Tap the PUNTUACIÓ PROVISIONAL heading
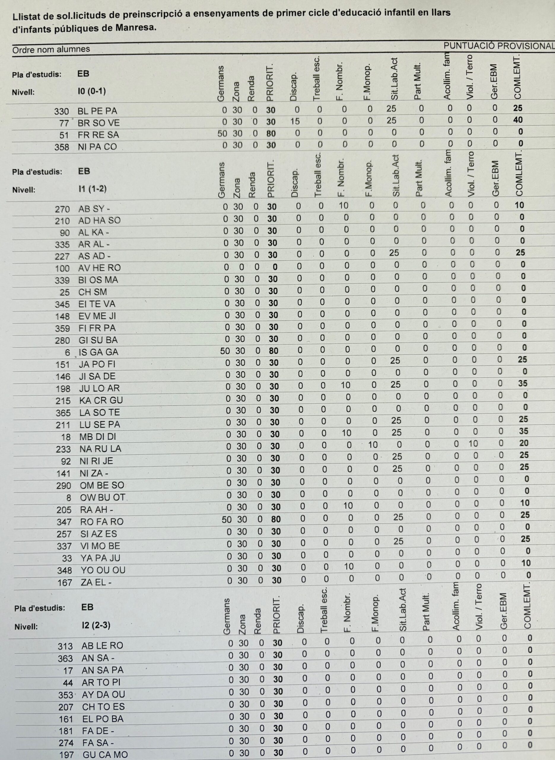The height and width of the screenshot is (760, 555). [499, 46]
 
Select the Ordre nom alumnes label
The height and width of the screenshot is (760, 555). [51, 49]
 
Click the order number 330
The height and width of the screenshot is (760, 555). [61, 111]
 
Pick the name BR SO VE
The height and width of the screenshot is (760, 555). [98, 123]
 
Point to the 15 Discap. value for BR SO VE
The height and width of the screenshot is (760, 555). [295, 121]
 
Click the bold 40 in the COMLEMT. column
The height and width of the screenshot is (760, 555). [518, 120]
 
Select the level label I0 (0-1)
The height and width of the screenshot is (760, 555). [91, 91]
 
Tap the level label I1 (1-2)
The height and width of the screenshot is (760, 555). [92, 189]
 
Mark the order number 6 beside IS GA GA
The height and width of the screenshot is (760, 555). [68, 352]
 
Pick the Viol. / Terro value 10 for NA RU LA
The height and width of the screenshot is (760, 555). [473, 444]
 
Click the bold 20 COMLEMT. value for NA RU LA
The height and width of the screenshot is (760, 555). [524, 443]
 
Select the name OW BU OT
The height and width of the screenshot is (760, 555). [102, 497]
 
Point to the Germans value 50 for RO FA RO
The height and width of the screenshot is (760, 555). [226, 519]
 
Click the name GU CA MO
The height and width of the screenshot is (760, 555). [105, 755]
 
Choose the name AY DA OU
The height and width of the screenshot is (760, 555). [103, 694]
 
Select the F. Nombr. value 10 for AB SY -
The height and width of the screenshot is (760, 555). [343, 205]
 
